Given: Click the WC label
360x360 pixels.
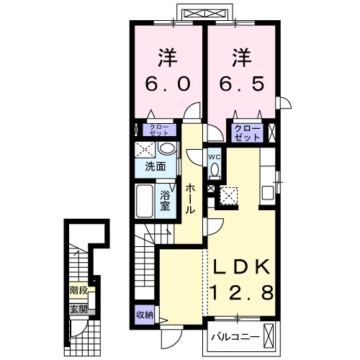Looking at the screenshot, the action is tap(215, 157).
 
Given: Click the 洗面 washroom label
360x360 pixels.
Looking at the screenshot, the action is tap(156, 166).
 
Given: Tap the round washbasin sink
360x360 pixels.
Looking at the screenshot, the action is tap(167, 148).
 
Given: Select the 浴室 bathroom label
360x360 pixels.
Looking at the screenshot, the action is tap(165, 200).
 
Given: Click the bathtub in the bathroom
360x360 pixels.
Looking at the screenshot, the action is tap(145, 201).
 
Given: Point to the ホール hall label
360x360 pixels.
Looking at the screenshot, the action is tap(190, 198).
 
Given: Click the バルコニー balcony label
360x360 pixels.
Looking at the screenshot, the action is tap(235, 338).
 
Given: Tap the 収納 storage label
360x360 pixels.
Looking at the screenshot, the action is tap(145, 315).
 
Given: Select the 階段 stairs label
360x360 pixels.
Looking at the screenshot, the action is tap(78, 291).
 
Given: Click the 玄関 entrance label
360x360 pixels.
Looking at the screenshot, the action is tap(78, 310).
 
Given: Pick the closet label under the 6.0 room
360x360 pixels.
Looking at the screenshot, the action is tap(159, 130).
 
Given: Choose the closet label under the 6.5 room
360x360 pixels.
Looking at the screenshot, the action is tap(247, 132).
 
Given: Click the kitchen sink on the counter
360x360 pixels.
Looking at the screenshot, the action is tap(268, 193).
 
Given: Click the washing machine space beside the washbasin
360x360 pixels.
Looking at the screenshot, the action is tap(145, 150).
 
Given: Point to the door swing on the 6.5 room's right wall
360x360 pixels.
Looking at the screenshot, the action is tap(284, 103).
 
